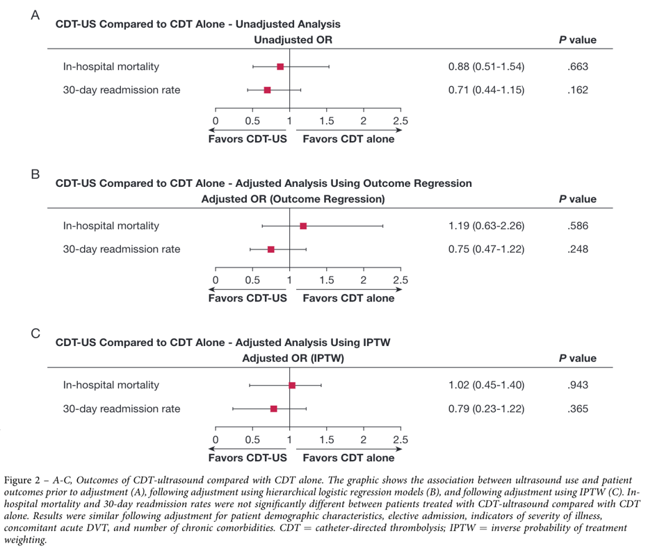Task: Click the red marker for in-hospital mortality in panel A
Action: click(280, 67)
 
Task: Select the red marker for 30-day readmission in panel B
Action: click(271, 249)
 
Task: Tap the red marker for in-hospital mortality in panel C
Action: click(292, 385)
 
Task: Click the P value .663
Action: click(577, 67)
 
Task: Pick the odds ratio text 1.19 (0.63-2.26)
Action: click(486, 226)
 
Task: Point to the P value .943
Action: click(577, 385)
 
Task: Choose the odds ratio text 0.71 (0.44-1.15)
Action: click(486, 90)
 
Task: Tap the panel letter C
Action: click(35, 334)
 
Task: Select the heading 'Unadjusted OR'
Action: click(293, 40)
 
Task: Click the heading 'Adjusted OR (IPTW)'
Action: click(293, 359)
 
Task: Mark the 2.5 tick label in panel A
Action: click(401, 122)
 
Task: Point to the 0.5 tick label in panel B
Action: click(252, 281)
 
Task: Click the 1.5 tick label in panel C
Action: click(326, 440)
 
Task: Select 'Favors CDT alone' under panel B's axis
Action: click(348, 298)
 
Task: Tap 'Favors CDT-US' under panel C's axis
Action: click(248, 458)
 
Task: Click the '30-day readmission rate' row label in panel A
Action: click(122, 90)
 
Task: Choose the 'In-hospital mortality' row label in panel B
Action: click(111, 226)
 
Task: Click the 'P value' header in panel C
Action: click(577, 359)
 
